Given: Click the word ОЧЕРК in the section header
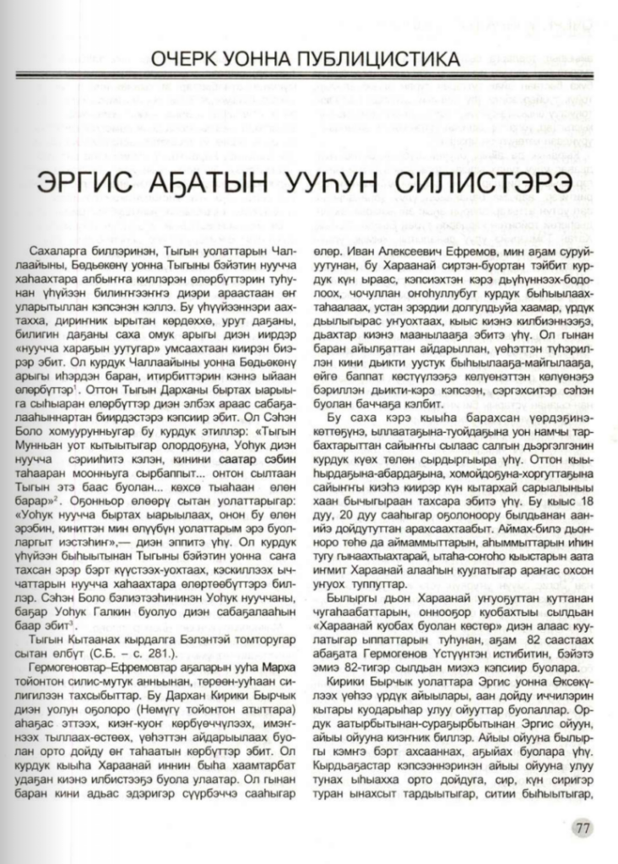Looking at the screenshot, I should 188,59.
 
